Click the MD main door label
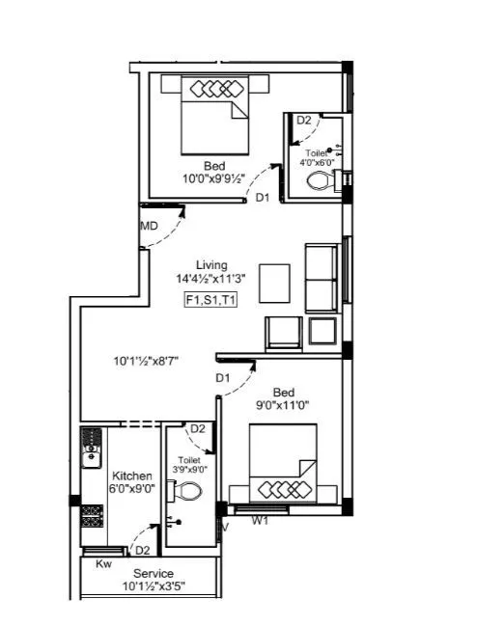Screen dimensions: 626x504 (x=149, y=226)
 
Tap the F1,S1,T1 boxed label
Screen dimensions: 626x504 (x=210, y=300)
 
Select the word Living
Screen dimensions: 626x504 (x=211, y=264)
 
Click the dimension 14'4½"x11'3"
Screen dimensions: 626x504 (x=210, y=279)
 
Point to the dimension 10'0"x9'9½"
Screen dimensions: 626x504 (x=214, y=179)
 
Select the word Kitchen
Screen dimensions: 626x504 (x=131, y=476)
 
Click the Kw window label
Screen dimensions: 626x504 (x=103, y=565)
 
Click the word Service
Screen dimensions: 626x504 (x=154, y=574)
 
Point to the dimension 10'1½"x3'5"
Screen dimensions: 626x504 (x=154, y=586)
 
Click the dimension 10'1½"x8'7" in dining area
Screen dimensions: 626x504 (x=145, y=363)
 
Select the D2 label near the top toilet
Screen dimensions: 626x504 (x=303, y=121)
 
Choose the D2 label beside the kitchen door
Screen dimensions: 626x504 (x=142, y=551)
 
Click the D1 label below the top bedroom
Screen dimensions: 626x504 (x=263, y=197)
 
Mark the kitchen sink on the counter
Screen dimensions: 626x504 (x=92, y=451)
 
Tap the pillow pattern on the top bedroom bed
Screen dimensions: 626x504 (x=214, y=89)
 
